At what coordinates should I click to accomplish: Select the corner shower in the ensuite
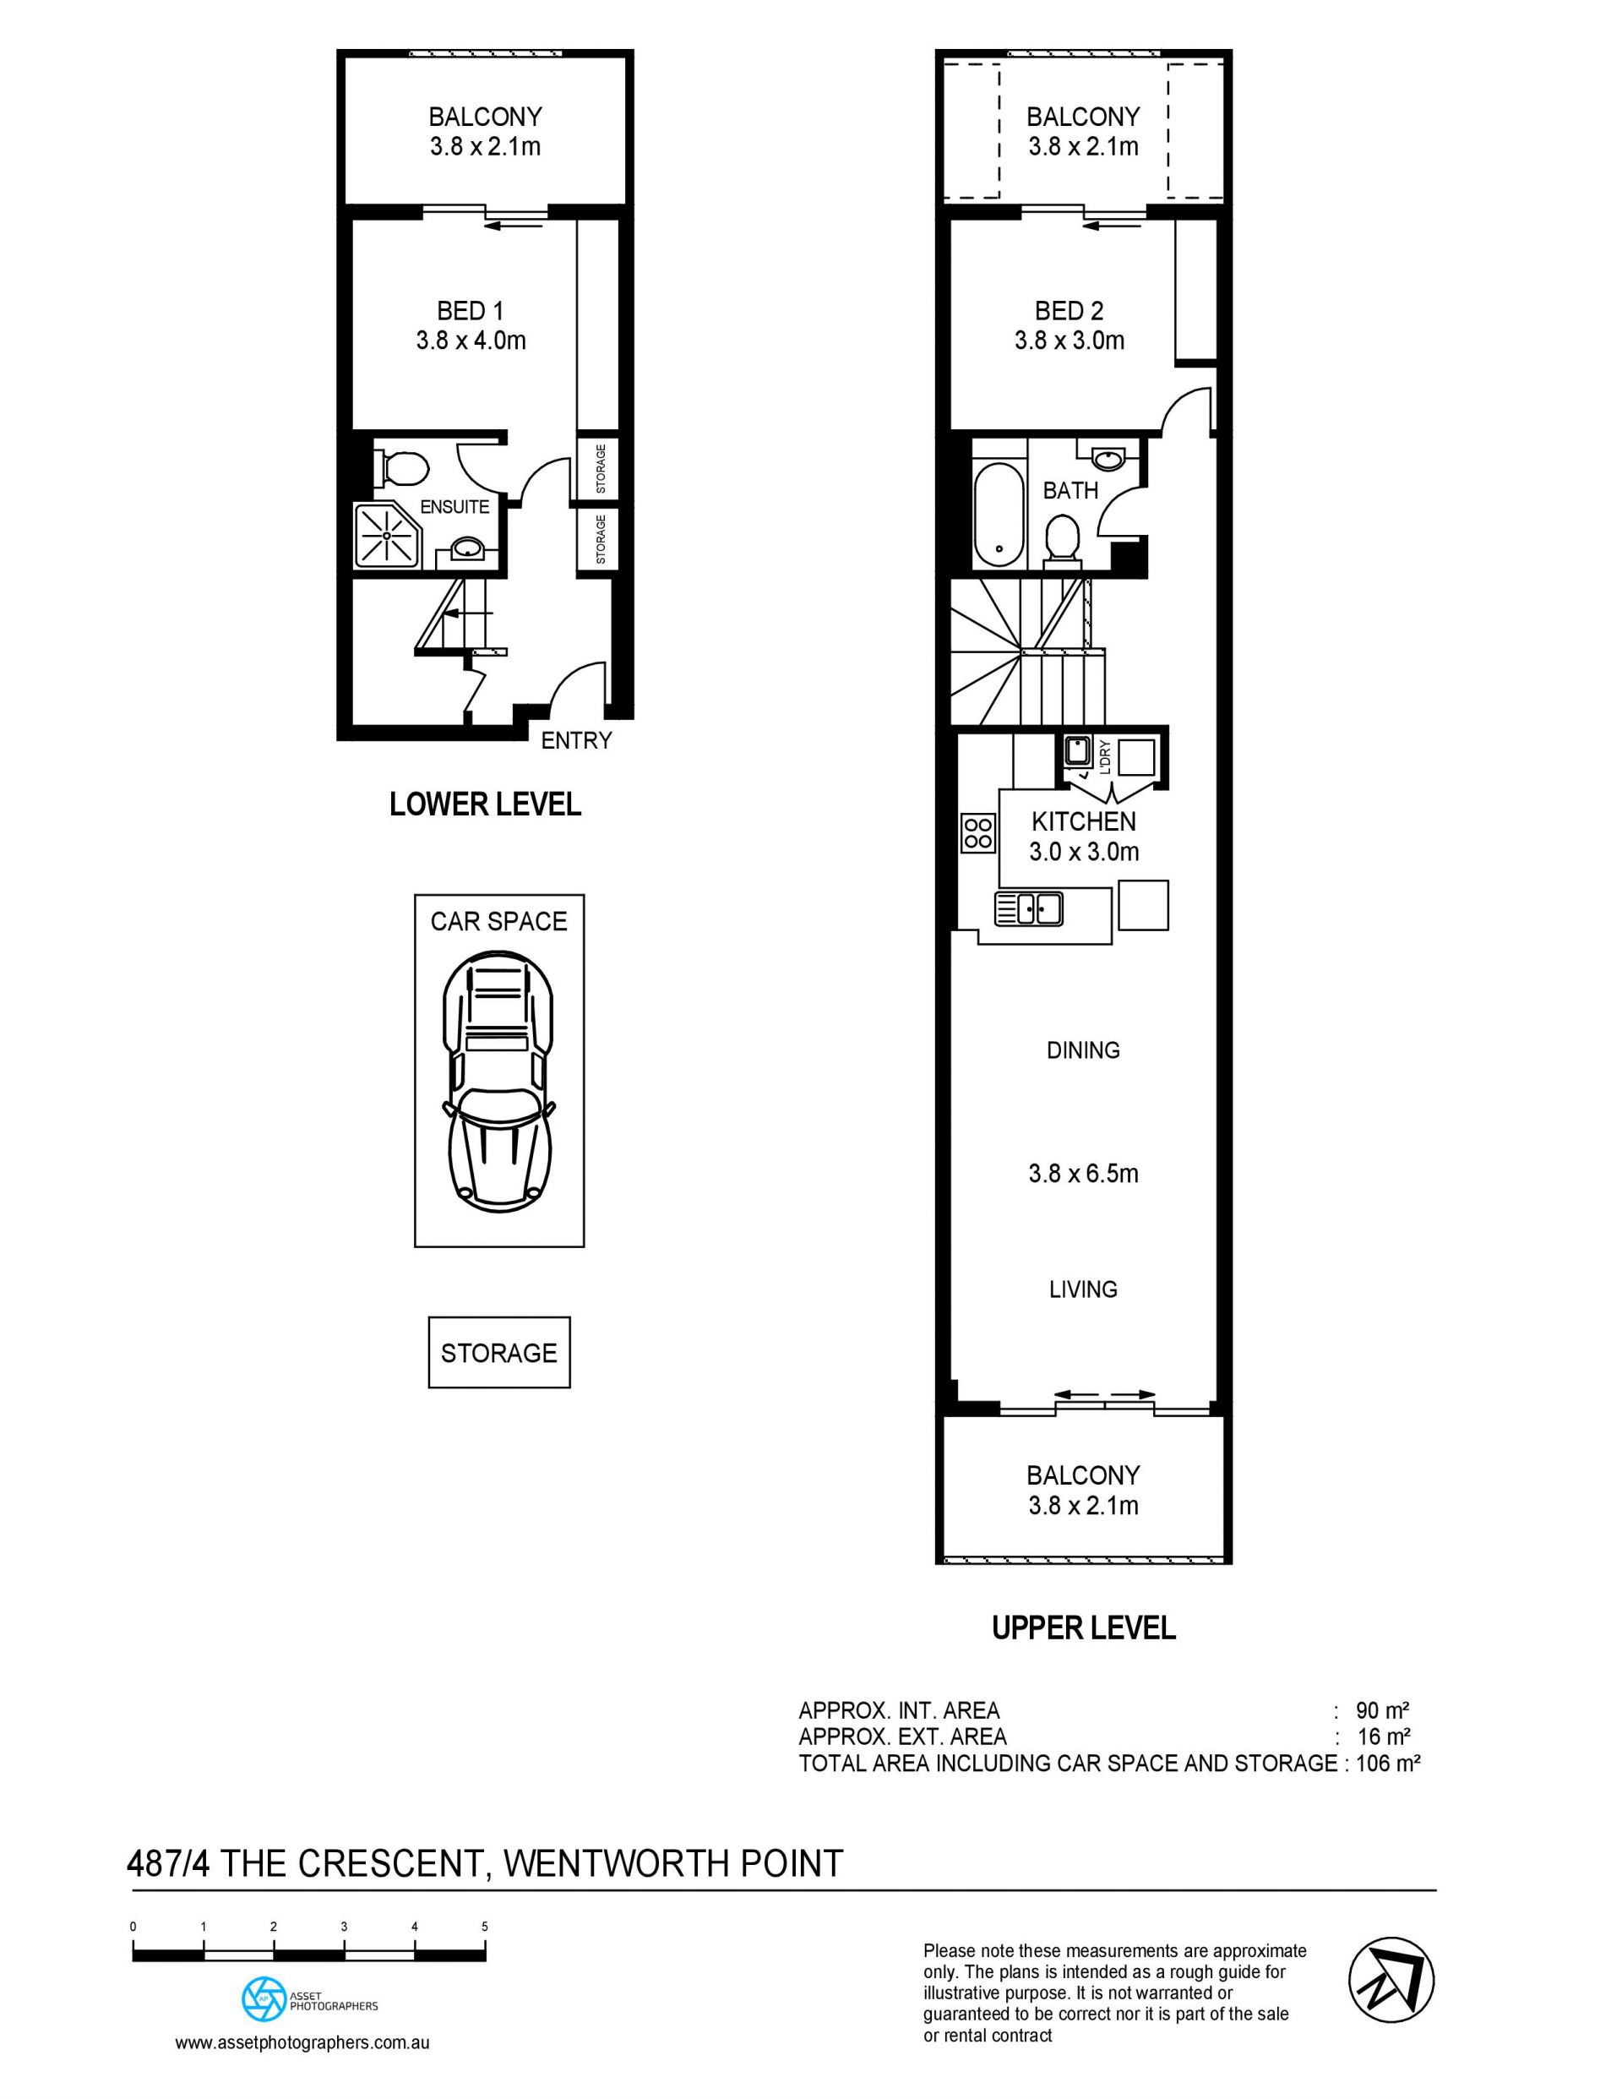385,536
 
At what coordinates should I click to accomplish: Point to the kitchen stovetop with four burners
978,832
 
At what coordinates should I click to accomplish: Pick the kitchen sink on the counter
1028,908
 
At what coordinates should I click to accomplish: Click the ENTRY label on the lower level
575,740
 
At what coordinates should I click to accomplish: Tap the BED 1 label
470,310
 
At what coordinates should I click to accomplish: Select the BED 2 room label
1069,310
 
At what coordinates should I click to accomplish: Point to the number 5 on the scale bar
484,1926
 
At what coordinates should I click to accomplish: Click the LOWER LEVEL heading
485,804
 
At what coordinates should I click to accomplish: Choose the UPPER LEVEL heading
1083,1627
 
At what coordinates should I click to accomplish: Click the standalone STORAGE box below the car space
498,1352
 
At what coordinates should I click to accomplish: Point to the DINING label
1083,1050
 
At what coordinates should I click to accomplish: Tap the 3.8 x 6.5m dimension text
1083,1174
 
